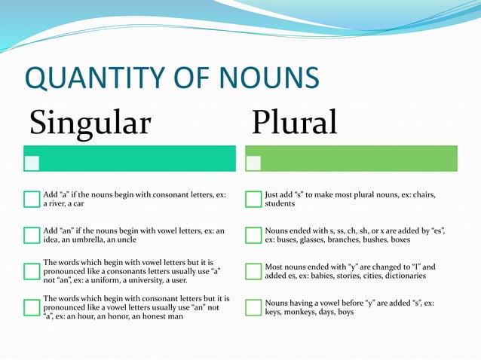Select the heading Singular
click(x=90, y=122)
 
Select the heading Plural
click(x=294, y=122)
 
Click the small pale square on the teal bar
click(x=32, y=163)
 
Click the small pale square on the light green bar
click(x=253, y=163)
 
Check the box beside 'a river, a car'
click(x=32, y=199)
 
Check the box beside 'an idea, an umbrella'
click(x=32, y=235)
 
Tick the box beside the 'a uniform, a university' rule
click(x=32, y=271)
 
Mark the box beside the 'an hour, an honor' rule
click(x=32, y=307)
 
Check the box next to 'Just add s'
click(x=253, y=199)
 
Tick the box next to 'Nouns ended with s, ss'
click(x=253, y=235)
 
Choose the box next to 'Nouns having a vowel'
click(x=253, y=307)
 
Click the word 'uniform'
click(x=110, y=280)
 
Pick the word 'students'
click(x=280, y=203)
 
